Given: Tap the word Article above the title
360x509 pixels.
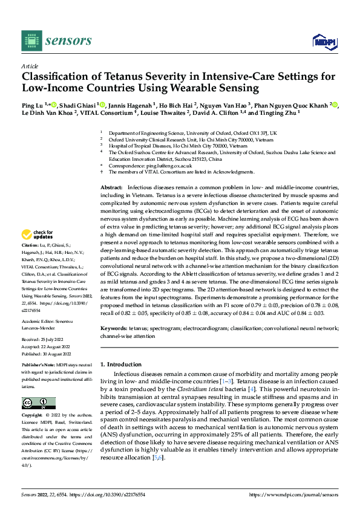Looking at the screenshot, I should point(30,66).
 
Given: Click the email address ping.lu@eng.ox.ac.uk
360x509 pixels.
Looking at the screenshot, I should point(168,166).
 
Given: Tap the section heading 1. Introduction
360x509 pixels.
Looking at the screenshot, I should point(120,365).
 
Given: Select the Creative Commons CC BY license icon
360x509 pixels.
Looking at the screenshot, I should point(39,403).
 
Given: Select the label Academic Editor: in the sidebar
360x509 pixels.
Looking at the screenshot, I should point(38,305).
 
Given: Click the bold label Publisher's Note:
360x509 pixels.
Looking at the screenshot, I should point(39,366).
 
